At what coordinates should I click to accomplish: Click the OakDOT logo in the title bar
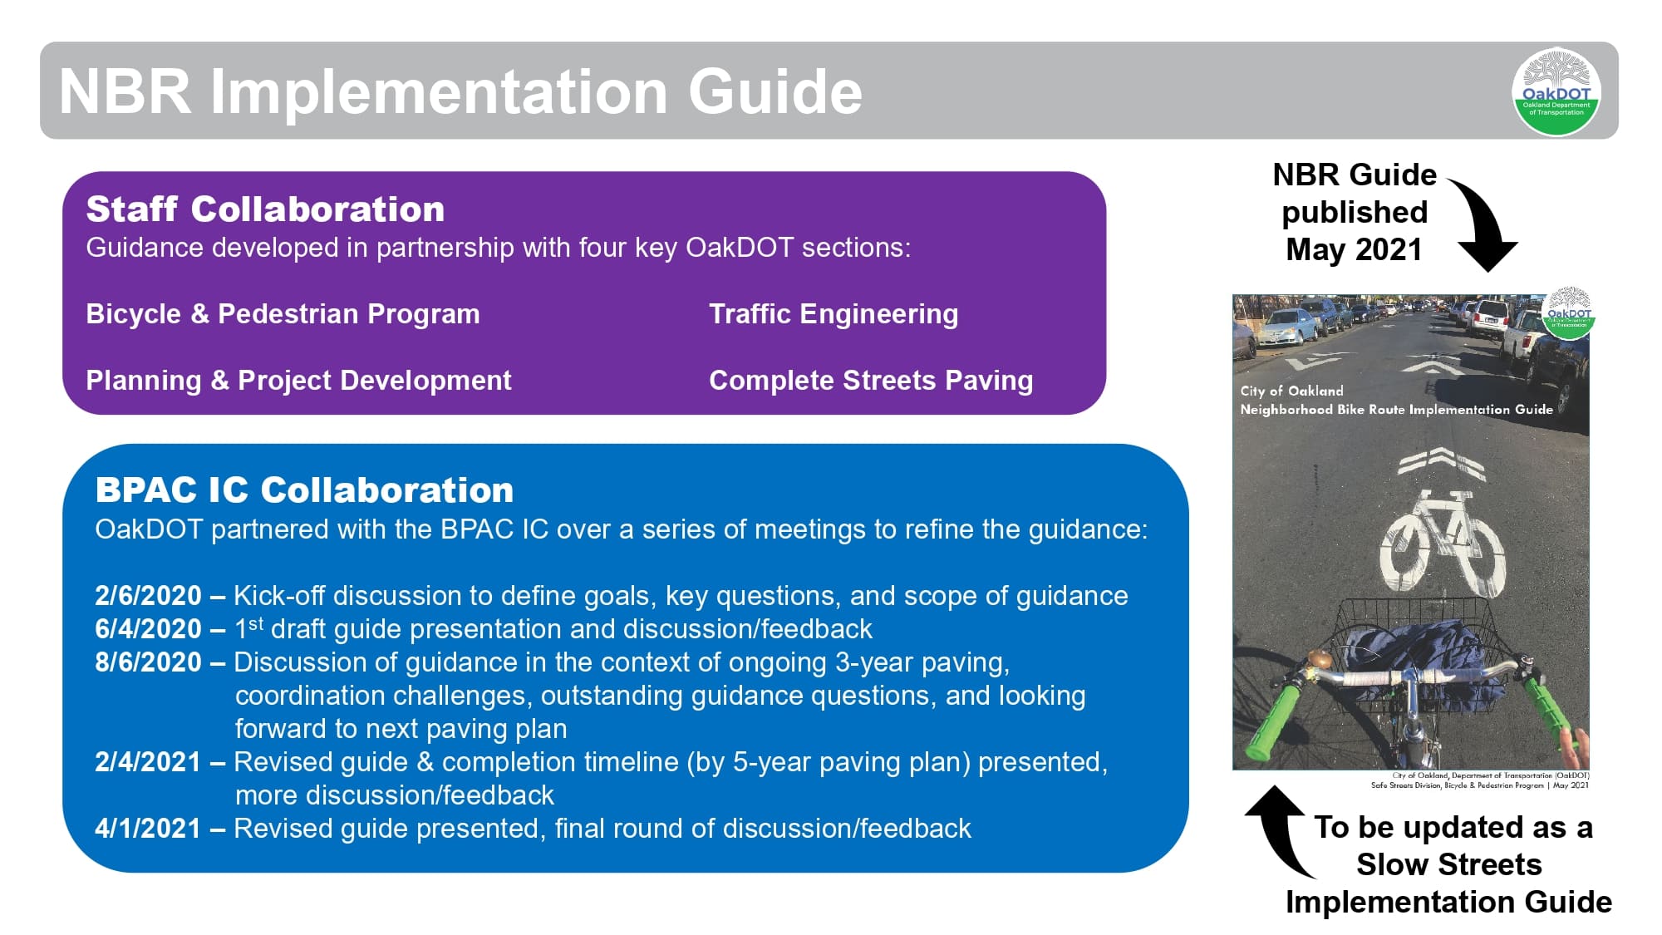click(x=1556, y=91)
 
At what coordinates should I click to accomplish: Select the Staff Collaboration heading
click(x=265, y=209)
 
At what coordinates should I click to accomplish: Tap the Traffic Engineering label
click(x=833, y=314)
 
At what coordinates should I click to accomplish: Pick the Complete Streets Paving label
click(x=870, y=381)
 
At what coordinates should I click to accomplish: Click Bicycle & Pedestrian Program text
click(x=283, y=314)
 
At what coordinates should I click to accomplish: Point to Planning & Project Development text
click(x=298, y=381)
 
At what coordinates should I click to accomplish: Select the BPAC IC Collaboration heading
click(x=304, y=490)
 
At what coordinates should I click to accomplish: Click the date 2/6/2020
click(x=148, y=596)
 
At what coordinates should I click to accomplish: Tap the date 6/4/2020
click(x=148, y=629)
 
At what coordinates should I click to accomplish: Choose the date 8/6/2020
click(x=148, y=662)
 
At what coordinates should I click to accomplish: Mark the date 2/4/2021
click(x=148, y=762)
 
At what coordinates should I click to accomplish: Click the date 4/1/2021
click(x=148, y=829)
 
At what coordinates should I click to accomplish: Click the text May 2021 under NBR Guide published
click(x=1354, y=249)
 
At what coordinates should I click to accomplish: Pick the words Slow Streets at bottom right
click(x=1448, y=864)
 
